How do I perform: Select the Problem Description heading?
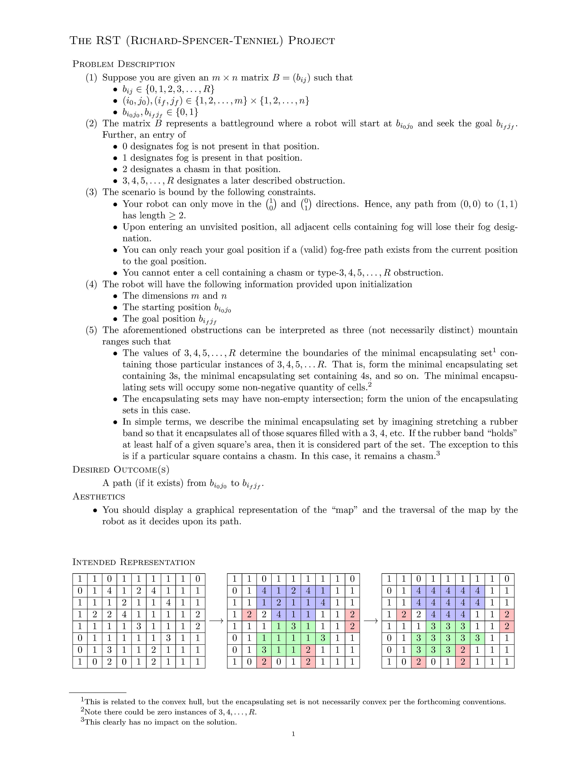pyautogui.click(x=123, y=64)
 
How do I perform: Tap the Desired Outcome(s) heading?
pyautogui.click(x=121, y=470)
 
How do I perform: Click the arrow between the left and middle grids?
pyautogui.click(x=216, y=621)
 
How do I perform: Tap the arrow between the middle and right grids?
pyautogui.click(x=371, y=621)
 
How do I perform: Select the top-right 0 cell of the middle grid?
pyautogui.click(x=352, y=579)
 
